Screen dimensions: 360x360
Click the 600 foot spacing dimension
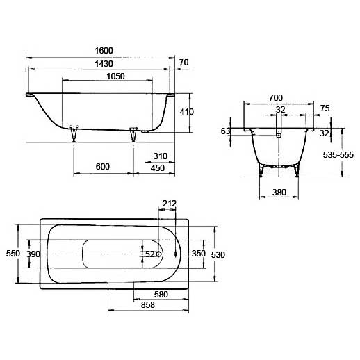[x=103, y=166]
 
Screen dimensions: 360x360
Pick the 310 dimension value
[x=160, y=154]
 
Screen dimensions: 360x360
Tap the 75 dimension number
[x=325, y=108]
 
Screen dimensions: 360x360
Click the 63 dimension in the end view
[x=225, y=131]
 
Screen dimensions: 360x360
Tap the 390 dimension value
[x=33, y=254]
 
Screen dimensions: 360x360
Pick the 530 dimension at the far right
[x=218, y=255]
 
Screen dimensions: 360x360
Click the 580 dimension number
[x=161, y=295]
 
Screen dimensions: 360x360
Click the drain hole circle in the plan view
[x=159, y=254]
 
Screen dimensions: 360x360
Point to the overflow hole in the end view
[x=279, y=135]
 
